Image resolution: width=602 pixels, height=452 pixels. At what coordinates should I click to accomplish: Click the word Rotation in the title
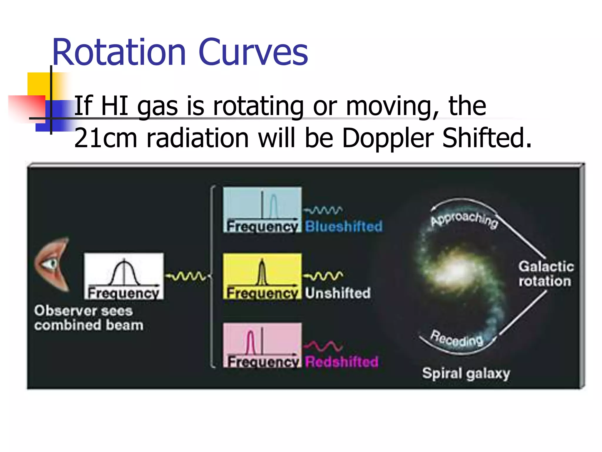(x=119, y=53)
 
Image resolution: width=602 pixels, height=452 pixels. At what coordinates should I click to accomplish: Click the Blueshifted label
(x=344, y=226)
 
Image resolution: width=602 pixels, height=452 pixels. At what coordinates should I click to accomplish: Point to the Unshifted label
(x=337, y=293)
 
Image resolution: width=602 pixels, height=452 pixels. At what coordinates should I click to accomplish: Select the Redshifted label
(x=341, y=362)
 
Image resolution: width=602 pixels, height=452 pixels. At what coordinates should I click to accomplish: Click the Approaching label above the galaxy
(x=464, y=219)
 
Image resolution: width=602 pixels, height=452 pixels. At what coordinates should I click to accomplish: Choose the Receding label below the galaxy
(x=456, y=338)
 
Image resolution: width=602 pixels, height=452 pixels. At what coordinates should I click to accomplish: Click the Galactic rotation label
(x=546, y=274)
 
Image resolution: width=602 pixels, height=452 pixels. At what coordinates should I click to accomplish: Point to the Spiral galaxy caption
(x=466, y=374)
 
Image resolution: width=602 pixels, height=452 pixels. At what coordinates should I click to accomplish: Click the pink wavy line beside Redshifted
(x=323, y=346)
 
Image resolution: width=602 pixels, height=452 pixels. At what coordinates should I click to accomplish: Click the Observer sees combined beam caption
(x=88, y=318)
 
